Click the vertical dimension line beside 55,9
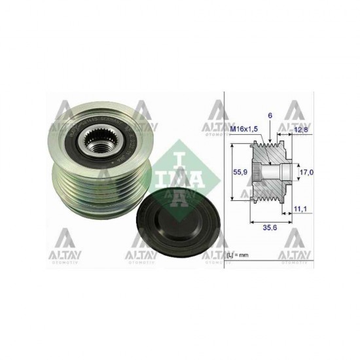tap(233, 173)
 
